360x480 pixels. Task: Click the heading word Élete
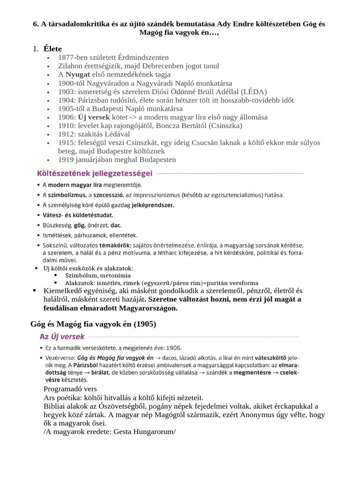tap(52, 49)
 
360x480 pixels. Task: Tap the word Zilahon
tap(70, 66)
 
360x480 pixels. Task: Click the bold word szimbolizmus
tap(67, 195)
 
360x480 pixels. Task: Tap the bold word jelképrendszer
tap(153, 205)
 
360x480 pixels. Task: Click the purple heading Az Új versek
tap(62, 336)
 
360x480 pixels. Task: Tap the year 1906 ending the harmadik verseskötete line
tap(173, 348)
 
